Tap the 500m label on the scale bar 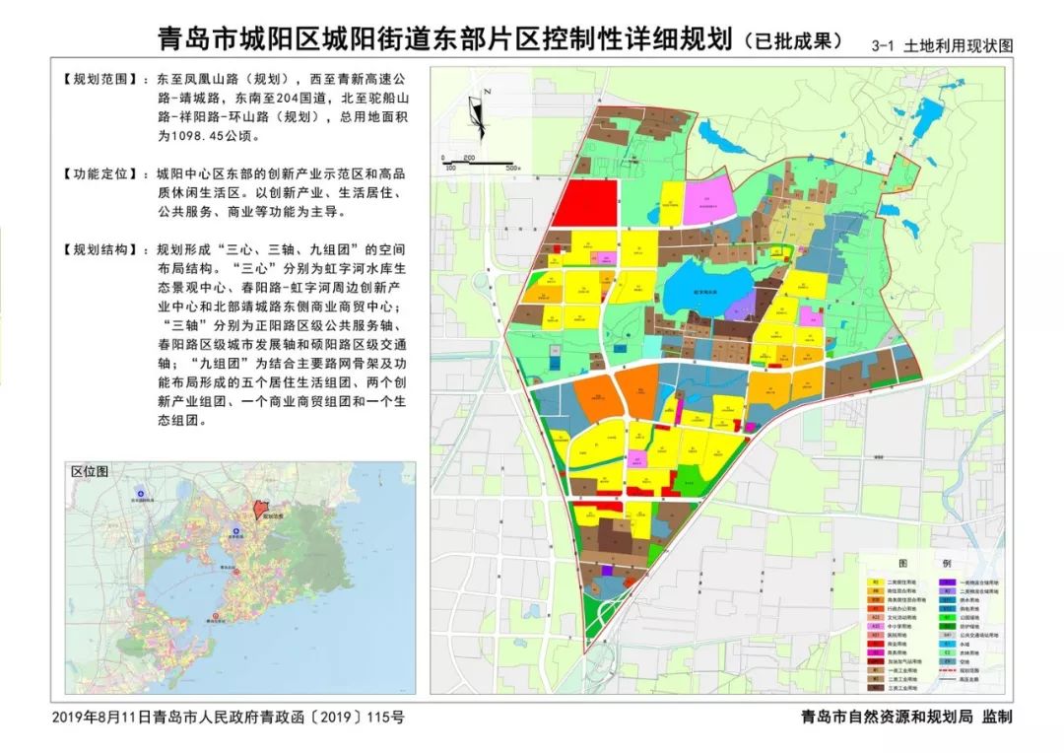[512, 169]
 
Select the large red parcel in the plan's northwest [583, 204]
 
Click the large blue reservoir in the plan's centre [700, 292]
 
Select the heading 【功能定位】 [99, 174]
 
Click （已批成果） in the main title [794, 41]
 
